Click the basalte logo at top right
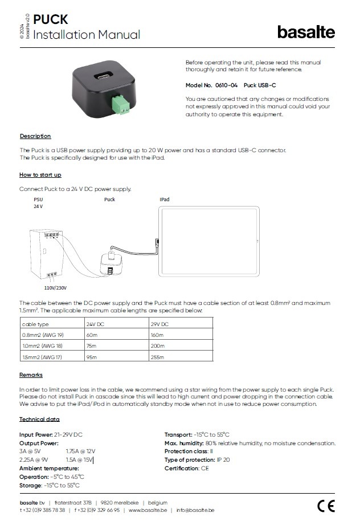[306, 32]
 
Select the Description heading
[35, 136]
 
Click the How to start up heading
[40, 174]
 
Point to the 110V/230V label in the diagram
[55, 288]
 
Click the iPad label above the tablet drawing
[165, 200]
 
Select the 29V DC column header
[159, 323]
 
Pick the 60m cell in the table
[92, 335]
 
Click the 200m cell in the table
[158, 345]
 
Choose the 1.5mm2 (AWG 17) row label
[42, 357]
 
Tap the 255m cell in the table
[158, 357]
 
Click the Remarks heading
[31, 375]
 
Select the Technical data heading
[39, 419]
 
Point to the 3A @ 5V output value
[30, 451]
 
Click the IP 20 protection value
[223, 459]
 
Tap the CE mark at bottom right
[326, 506]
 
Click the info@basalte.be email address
[195, 510]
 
